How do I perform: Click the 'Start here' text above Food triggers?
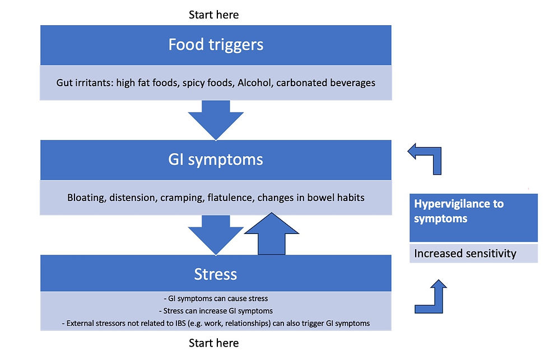(x=213, y=15)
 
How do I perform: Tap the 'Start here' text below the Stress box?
(x=213, y=343)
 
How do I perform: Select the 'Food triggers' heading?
(x=216, y=45)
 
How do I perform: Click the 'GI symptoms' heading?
(x=215, y=160)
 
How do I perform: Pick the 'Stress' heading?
(x=215, y=274)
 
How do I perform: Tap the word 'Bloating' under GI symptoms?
(x=87, y=198)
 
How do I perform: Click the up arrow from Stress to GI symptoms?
(x=271, y=233)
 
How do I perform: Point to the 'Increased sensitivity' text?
(x=465, y=253)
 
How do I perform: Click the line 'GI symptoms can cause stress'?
(x=216, y=298)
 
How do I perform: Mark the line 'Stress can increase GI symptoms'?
(x=216, y=311)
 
